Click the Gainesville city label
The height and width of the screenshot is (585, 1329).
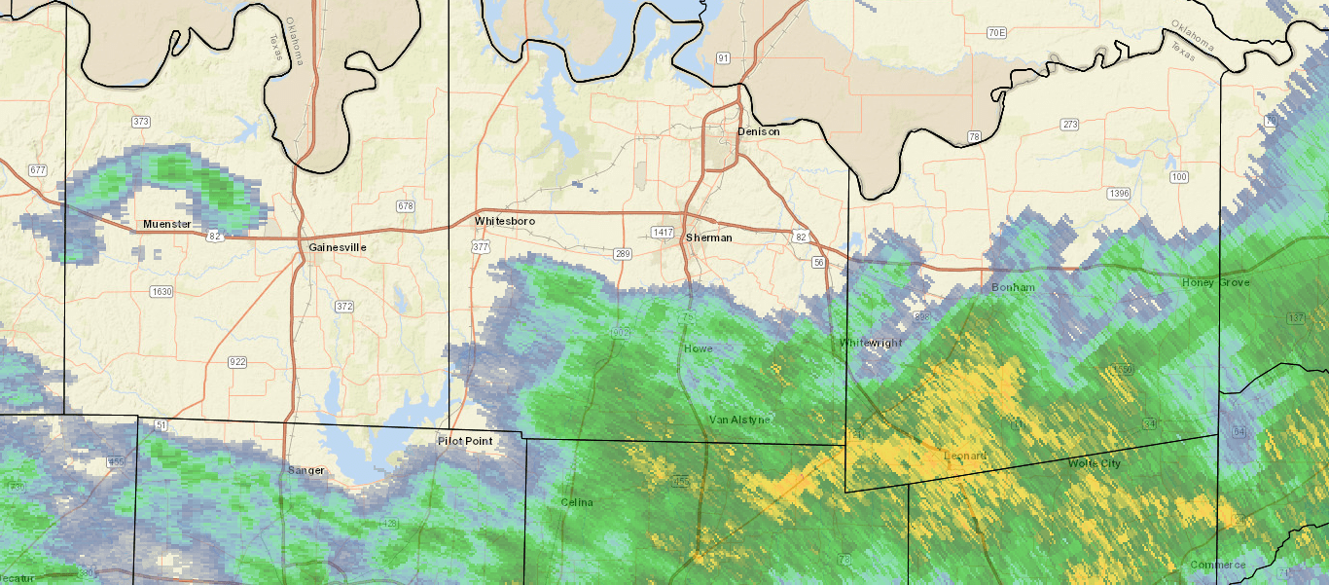(x=338, y=247)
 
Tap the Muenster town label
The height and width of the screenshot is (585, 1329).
(x=167, y=225)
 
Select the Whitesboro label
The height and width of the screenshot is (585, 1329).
(x=505, y=222)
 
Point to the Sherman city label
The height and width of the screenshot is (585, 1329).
(x=708, y=238)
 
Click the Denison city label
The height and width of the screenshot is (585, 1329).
(x=758, y=131)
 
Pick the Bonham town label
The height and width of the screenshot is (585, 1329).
(x=1013, y=288)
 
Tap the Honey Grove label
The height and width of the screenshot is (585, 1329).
(x=1215, y=282)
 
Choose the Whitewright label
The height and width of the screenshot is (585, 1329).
(x=871, y=343)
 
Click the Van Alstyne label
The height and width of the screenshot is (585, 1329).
(x=739, y=420)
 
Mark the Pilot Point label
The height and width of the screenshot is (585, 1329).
(x=465, y=441)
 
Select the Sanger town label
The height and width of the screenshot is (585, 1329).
(x=305, y=470)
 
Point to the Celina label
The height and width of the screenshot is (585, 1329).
(x=576, y=502)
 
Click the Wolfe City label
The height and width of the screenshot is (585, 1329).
(x=1095, y=463)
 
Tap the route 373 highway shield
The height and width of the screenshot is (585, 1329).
(x=141, y=122)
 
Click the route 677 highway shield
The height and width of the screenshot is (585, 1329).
(x=38, y=170)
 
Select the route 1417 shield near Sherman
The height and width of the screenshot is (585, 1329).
(x=663, y=233)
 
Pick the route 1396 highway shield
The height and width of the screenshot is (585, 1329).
(x=1119, y=194)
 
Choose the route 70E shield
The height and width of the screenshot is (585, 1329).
(x=995, y=33)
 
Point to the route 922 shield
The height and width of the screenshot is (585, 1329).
(x=237, y=362)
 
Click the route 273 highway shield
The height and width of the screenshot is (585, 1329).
(x=1070, y=125)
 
